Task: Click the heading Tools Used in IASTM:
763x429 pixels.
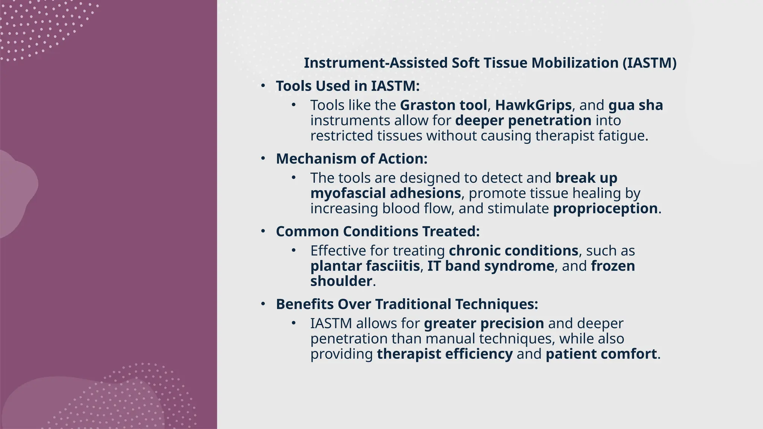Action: pos(348,86)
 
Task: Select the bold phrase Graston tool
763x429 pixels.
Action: pos(443,105)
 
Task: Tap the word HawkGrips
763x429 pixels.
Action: pos(533,105)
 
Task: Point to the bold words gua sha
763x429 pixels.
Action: pos(636,105)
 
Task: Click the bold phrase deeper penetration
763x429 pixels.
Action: pos(523,121)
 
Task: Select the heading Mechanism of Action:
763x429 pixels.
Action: pos(351,159)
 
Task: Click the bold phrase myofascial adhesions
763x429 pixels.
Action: pos(386,193)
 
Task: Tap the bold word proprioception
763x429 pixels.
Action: pos(605,209)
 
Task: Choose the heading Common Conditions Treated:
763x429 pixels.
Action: pos(377,232)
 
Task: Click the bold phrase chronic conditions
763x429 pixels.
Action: pos(513,251)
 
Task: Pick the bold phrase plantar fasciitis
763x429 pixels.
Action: pos(365,266)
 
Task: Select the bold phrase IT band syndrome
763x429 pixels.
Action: pos(490,266)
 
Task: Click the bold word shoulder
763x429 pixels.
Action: pos(341,281)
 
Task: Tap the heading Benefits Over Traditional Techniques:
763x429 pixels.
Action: pos(407,304)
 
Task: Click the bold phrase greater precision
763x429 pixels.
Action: pos(484,323)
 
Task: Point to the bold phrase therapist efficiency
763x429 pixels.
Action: pos(444,354)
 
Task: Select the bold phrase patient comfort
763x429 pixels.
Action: pos(601,354)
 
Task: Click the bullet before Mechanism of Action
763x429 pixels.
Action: pos(263,159)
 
